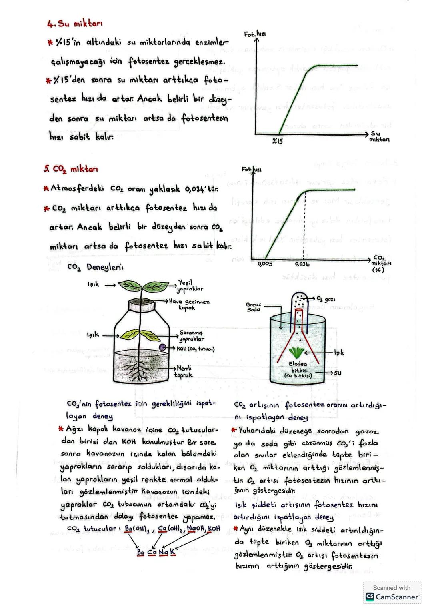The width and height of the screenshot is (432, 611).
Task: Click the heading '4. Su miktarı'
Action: (74, 25)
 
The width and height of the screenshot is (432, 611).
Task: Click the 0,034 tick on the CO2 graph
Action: (302, 264)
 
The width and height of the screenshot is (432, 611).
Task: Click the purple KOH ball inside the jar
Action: (162, 348)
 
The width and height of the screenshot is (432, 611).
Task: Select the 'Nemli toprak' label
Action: (184, 371)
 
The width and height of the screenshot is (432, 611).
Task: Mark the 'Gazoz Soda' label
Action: (254, 307)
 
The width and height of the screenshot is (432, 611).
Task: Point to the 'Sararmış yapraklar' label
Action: (192, 336)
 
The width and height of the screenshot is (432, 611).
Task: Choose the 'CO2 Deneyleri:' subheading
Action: (96, 267)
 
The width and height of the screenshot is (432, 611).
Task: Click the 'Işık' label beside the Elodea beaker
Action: (338, 353)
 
